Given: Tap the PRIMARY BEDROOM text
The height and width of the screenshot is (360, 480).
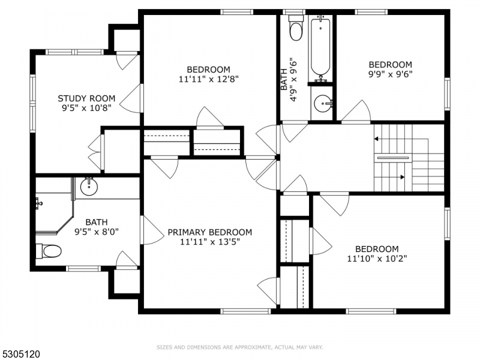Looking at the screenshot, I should pyautogui.click(x=209, y=232).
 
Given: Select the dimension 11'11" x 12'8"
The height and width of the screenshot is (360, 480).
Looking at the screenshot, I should pyautogui.click(x=208, y=79).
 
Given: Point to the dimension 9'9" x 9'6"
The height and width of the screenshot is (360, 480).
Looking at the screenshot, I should pyautogui.click(x=390, y=74).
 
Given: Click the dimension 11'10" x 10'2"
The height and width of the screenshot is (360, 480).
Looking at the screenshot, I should pyautogui.click(x=377, y=259).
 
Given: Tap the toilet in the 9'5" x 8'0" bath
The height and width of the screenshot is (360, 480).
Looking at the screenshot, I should pyautogui.click(x=48, y=251).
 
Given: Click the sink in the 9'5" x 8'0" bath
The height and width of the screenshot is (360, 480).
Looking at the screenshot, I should pyautogui.click(x=89, y=187).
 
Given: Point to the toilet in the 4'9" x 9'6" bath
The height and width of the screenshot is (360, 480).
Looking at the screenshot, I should pyautogui.click(x=296, y=29).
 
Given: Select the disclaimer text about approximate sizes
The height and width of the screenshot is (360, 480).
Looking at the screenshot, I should pyautogui.click(x=239, y=347).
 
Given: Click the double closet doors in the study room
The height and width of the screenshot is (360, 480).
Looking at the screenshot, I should pyautogui.click(x=95, y=152).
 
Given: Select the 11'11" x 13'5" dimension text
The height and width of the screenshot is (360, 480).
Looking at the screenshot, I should pyautogui.click(x=209, y=242).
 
